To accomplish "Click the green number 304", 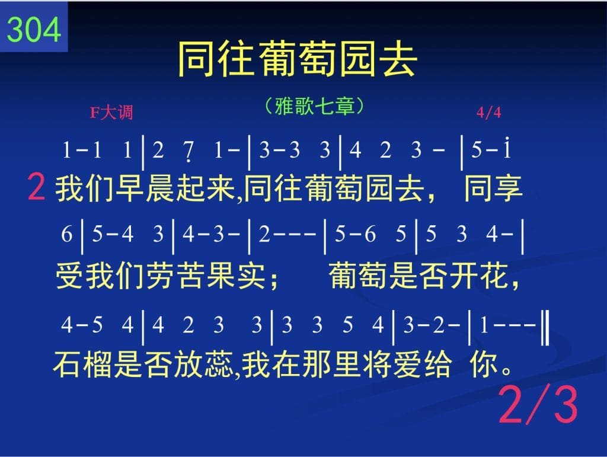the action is point(34,30).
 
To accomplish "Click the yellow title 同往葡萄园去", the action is point(298,59).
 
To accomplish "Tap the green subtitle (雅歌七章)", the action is point(314,106).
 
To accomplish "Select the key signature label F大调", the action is point(111,113).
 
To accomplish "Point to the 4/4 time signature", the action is point(488,113).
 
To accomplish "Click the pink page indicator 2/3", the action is point(538,405).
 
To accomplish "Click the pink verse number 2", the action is point(36,187).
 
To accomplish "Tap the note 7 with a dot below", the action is point(188,151).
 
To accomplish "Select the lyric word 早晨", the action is point(130,188).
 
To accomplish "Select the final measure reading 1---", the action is point(507,325).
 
